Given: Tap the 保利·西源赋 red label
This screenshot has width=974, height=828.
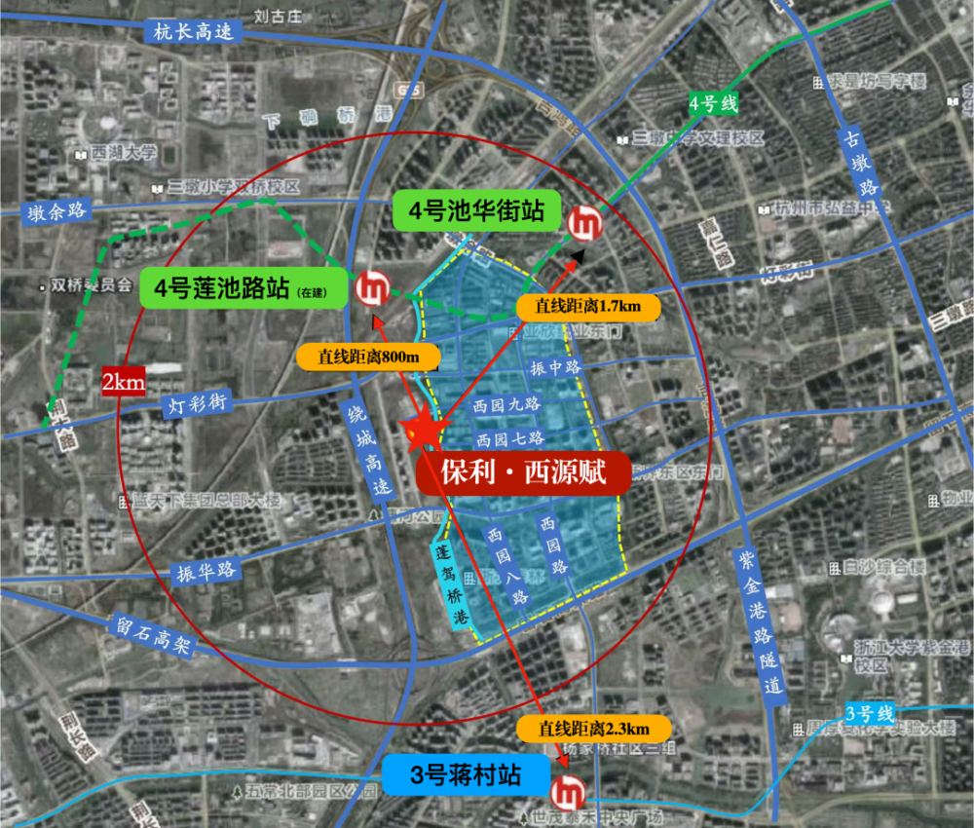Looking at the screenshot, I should coord(523,474).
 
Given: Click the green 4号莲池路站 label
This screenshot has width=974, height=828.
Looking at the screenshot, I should coord(243,289).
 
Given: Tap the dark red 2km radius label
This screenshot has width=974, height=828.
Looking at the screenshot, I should coord(125,382).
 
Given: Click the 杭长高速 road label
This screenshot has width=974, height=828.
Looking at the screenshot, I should coord(194,31).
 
